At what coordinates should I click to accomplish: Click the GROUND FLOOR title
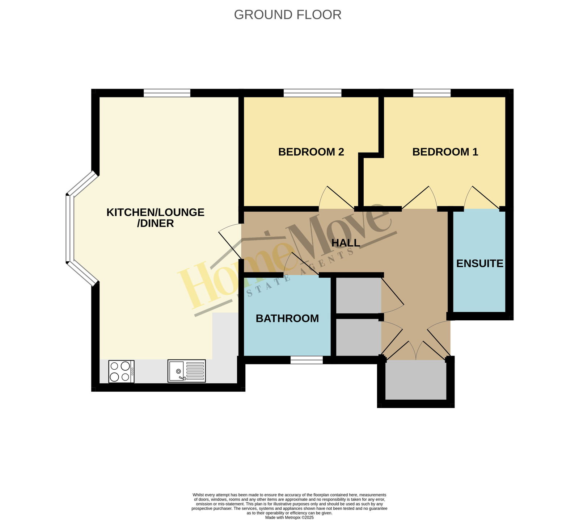(x=288, y=14)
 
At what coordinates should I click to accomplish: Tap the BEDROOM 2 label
(x=311, y=152)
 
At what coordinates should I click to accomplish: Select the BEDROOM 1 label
(x=445, y=152)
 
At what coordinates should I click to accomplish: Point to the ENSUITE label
(x=479, y=263)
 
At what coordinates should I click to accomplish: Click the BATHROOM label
(x=287, y=319)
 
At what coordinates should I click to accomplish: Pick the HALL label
(x=346, y=243)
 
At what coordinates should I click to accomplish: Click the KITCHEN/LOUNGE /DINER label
(x=155, y=217)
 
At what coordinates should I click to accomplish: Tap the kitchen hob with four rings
(x=122, y=371)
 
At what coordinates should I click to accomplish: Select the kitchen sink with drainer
(x=186, y=371)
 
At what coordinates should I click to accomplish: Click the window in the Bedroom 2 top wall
(x=312, y=93)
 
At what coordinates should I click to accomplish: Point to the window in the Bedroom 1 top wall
(x=432, y=93)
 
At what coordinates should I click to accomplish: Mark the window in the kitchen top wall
(x=167, y=93)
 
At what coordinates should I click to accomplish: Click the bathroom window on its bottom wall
(x=307, y=360)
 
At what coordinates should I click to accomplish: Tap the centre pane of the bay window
(x=70, y=229)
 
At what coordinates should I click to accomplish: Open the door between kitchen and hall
(x=230, y=241)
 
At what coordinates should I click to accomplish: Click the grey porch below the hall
(x=416, y=380)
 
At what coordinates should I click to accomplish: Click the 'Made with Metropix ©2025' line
(x=289, y=518)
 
